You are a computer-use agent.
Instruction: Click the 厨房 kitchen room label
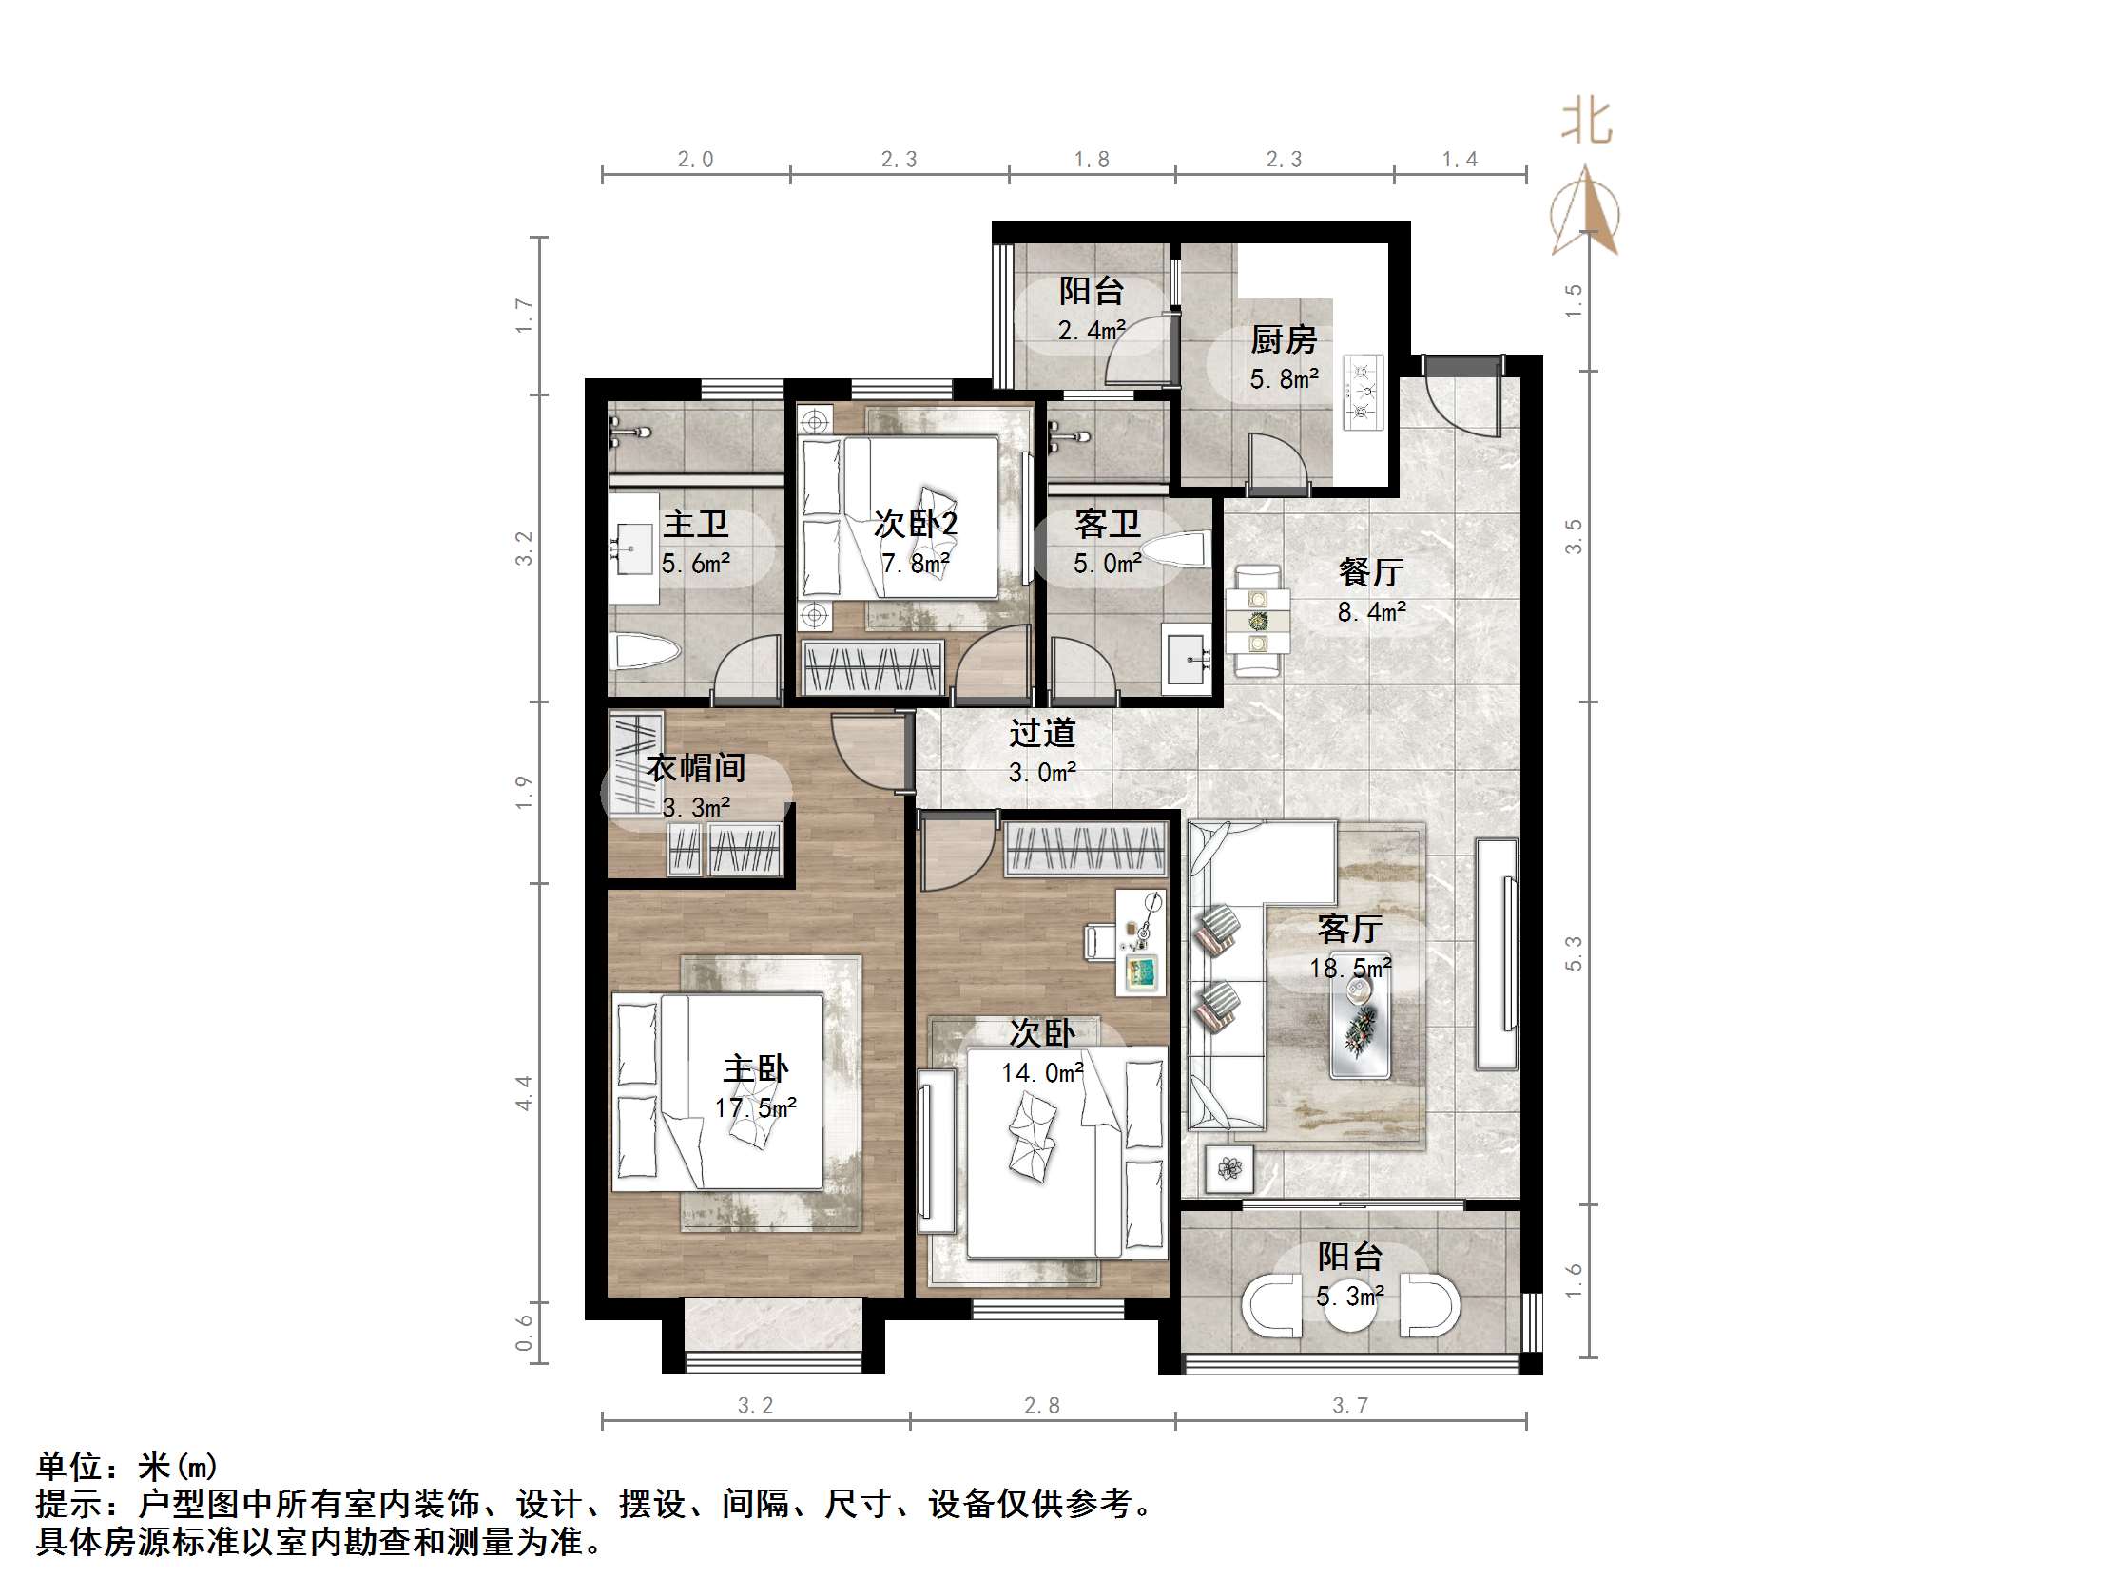1283,339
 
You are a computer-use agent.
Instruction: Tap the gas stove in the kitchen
1363,392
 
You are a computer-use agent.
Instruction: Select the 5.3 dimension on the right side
1574,953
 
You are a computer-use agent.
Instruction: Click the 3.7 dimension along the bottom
1348,1407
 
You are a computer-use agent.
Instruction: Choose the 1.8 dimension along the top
1091,160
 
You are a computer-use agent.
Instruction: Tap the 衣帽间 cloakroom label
694,768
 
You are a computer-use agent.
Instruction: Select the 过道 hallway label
1042,734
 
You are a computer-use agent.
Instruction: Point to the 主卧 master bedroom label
755,1068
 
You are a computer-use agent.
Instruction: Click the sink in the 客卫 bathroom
1189,659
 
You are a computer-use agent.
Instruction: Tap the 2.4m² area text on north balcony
1091,331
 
